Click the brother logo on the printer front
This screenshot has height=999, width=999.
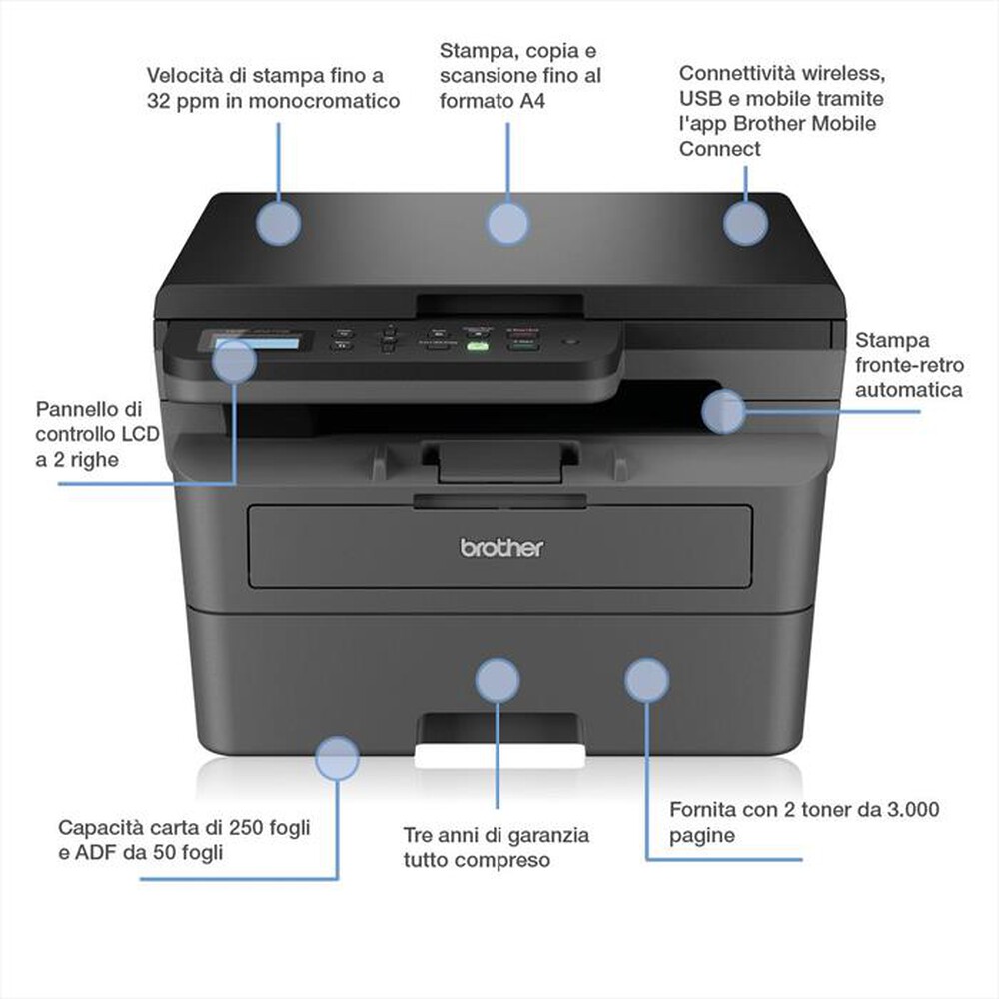pos(502,547)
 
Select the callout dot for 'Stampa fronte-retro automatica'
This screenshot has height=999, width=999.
pos(722,412)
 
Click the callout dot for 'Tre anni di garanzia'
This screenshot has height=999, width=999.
pos(497,681)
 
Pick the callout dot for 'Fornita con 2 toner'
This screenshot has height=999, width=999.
pos(646,679)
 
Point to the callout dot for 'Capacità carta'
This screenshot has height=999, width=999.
pos(337,759)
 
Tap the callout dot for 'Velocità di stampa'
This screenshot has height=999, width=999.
pos(278,223)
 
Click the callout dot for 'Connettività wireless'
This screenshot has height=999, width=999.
pos(745,223)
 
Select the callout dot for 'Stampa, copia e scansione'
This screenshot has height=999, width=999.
pos(507,223)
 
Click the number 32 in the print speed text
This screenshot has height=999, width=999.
pos(161,101)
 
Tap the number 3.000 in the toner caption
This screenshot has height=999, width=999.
pos(910,810)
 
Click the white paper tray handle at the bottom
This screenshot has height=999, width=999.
pos(498,757)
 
